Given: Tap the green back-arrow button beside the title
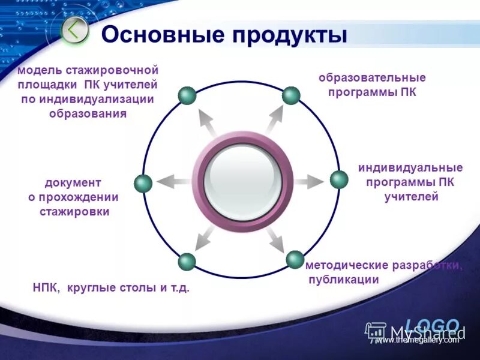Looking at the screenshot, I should pos(75,31).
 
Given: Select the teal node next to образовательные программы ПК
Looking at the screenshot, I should pos(291,95).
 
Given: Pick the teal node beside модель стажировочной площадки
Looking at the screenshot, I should pos(188,95).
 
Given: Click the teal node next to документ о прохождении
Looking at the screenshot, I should pos(143,184).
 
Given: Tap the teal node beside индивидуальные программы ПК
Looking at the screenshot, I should pos(339,179).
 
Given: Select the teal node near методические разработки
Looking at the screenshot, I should pos(295,259).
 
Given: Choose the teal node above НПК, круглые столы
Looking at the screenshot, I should pos(187,262).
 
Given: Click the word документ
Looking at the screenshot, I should pos(73,182).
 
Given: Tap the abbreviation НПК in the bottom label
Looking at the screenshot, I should pos(46,288).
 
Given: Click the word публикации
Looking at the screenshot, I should pos(344,280).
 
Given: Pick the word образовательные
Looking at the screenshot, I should pos(372,78).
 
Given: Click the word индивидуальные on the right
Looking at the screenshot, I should pos(410,167).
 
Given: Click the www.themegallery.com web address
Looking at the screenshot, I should pos(417,340).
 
